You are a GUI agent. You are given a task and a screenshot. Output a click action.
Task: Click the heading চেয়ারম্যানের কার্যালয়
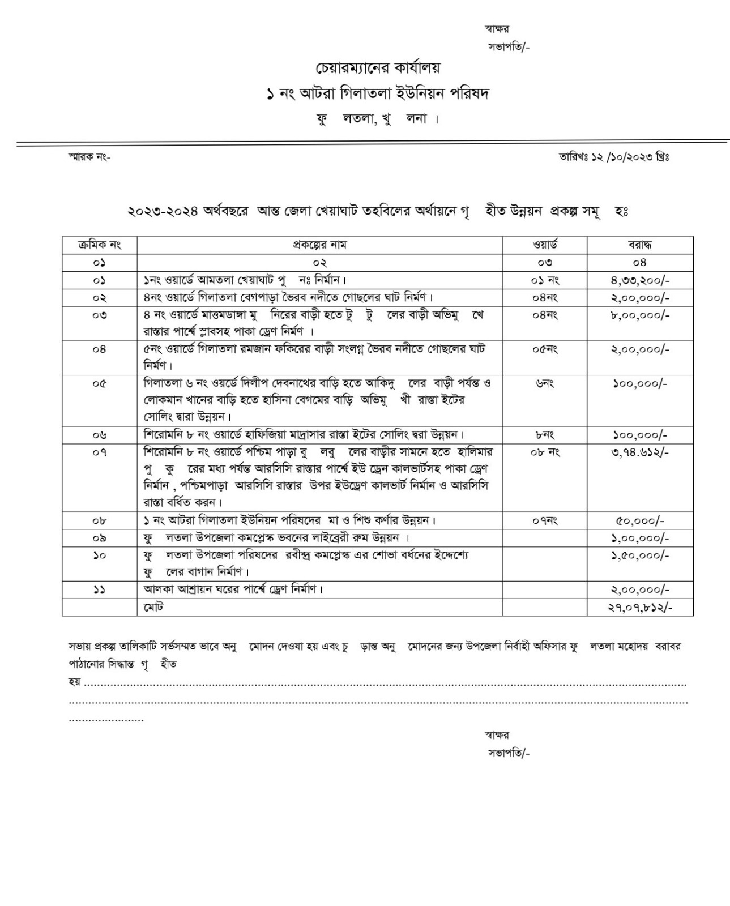[x=377, y=68]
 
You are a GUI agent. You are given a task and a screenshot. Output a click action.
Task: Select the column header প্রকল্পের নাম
[x=319, y=245]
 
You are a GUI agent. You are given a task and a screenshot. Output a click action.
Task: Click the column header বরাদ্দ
[x=639, y=245]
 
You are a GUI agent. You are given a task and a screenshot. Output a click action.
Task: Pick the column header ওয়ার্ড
[x=545, y=245]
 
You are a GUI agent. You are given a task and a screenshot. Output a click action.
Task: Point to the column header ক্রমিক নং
[x=100, y=245]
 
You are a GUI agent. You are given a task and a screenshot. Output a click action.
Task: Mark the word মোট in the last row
[x=153, y=607]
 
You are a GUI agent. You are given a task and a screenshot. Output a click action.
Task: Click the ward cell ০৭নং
[x=545, y=520]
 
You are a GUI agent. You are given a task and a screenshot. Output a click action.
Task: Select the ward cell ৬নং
[x=545, y=383]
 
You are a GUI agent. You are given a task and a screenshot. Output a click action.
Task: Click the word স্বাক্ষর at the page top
[x=497, y=29]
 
